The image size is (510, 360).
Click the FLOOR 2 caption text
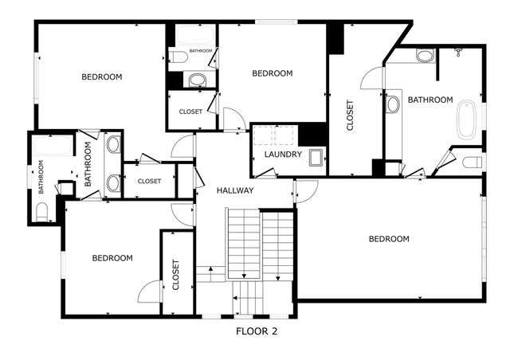click(257, 331)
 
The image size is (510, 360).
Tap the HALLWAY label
click(235, 190)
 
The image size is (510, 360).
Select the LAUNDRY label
click(283, 155)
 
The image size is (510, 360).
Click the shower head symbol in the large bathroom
click(459, 52)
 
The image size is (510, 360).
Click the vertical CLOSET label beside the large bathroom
click(349, 115)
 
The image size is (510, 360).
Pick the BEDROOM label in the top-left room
click(102, 77)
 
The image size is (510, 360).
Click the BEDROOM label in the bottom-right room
click(389, 239)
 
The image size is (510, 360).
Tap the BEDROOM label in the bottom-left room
click(112, 258)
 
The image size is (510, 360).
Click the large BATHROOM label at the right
click(430, 100)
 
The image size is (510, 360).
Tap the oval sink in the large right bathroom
click(393, 104)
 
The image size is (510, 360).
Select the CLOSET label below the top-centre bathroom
click(190, 112)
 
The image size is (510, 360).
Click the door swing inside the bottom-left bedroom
click(149, 293)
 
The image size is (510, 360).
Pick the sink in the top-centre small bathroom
click(196, 79)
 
